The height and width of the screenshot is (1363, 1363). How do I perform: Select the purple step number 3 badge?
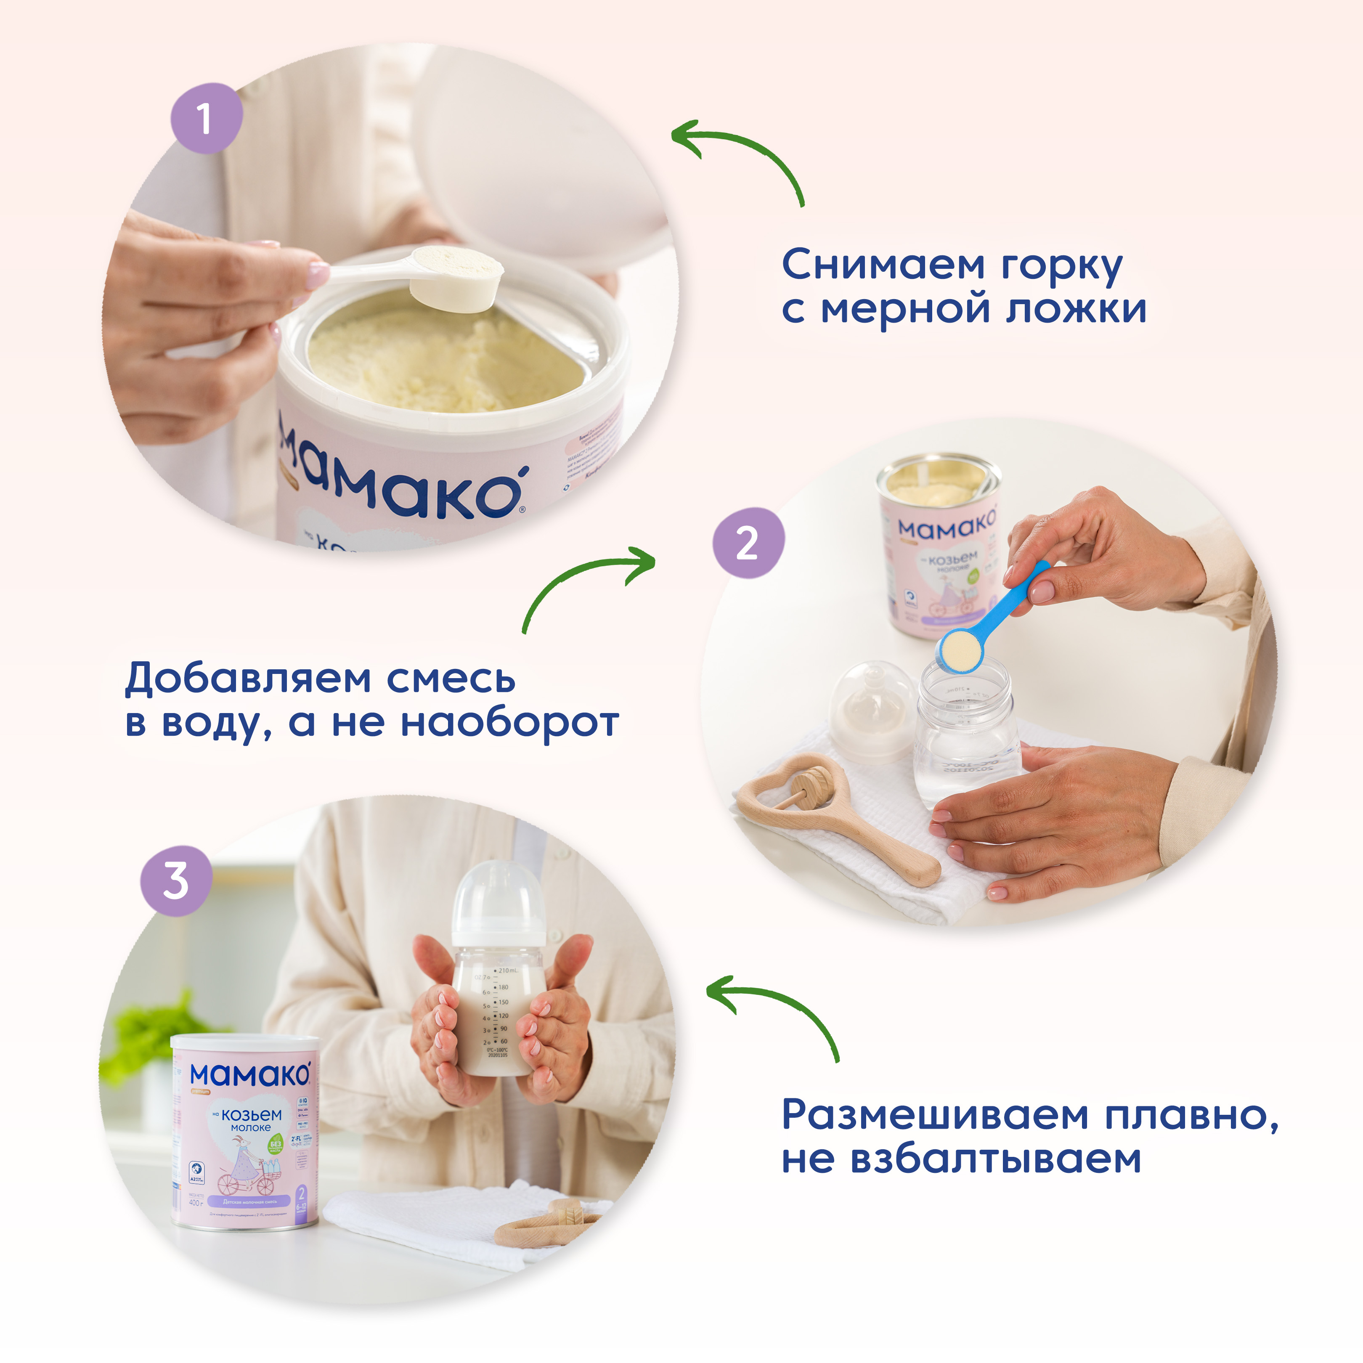click(x=176, y=881)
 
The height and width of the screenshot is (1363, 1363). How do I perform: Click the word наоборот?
click(x=509, y=723)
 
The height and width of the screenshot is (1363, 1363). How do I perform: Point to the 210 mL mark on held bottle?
click(x=506, y=971)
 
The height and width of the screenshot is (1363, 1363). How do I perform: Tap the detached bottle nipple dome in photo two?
click(x=872, y=713)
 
